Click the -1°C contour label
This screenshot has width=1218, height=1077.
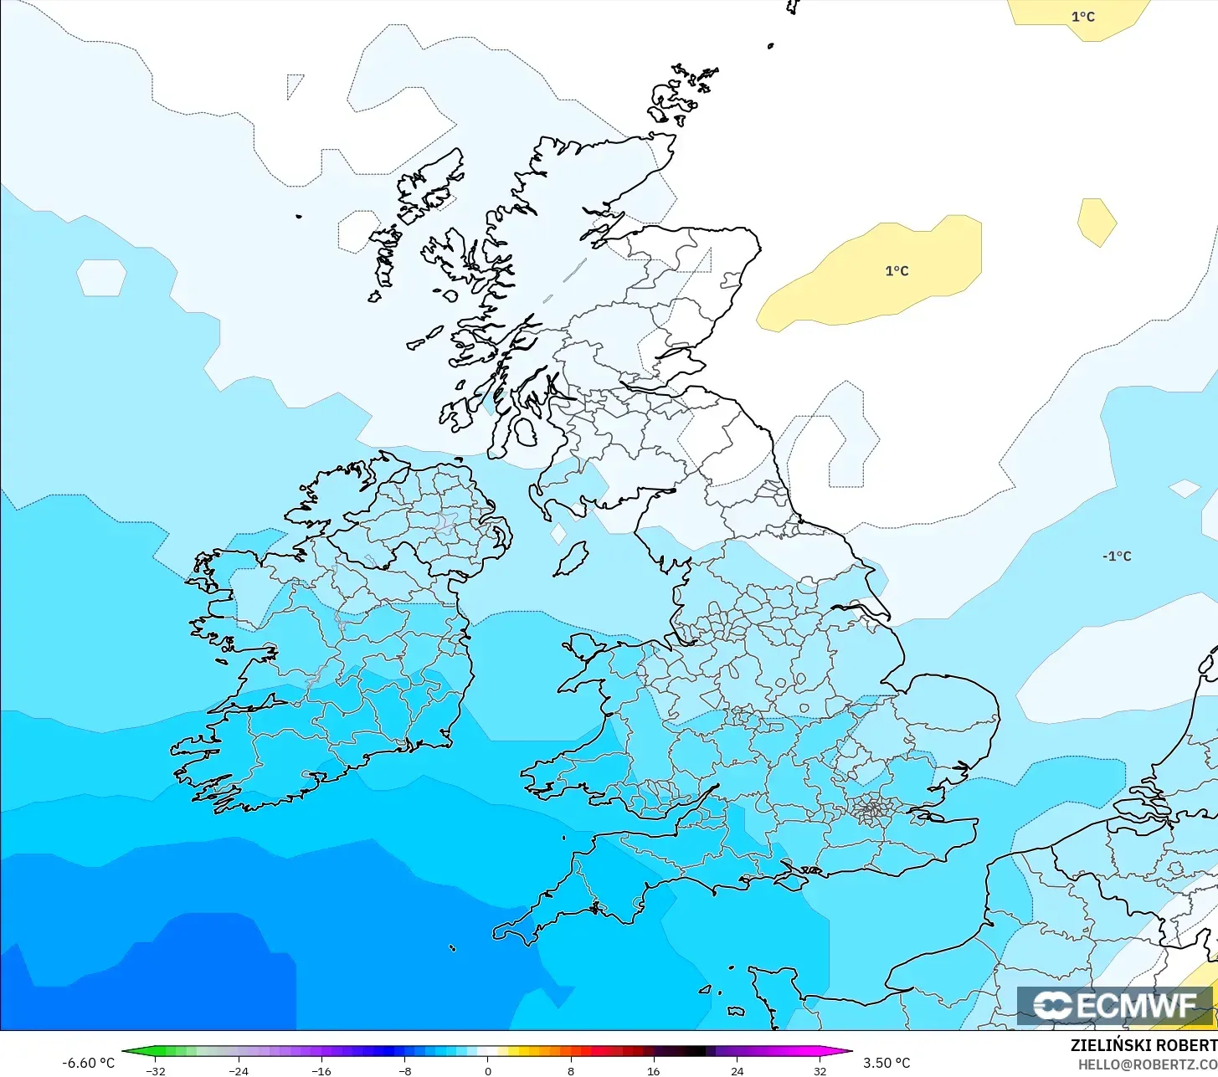point(1117,556)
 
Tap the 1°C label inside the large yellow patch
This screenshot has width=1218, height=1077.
point(897,271)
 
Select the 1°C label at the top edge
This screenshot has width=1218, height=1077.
point(1082,17)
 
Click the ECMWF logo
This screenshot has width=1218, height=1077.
point(1115,1005)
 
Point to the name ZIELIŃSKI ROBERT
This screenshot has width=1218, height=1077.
point(1143,1046)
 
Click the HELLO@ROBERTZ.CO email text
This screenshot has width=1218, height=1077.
point(1147,1065)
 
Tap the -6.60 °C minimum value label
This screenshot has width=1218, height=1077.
point(88,1063)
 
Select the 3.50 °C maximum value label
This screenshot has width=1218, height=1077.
point(887,1063)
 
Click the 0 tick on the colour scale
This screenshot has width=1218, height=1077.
point(488,1071)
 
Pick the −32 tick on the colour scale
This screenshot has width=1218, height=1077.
point(155,1071)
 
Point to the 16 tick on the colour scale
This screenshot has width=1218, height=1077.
point(654,1071)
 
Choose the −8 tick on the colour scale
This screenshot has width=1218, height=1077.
point(404,1071)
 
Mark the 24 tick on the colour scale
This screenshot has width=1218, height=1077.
point(737,1071)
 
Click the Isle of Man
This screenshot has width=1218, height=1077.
point(573,559)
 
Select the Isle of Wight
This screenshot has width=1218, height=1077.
point(792,877)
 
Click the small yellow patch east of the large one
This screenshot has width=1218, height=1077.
point(1097,222)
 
